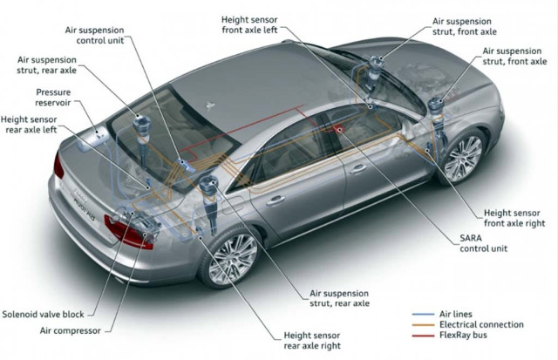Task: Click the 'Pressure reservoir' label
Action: (x=53, y=98)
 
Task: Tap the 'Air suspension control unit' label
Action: (x=95, y=35)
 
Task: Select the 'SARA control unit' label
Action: (x=483, y=243)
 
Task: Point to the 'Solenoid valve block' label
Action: (x=43, y=315)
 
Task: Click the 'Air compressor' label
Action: (x=70, y=331)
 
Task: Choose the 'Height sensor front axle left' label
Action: (x=249, y=25)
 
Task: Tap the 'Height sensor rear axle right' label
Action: (x=312, y=341)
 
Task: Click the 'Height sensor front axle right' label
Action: (x=514, y=218)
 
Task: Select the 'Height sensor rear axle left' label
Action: (x=29, y=125)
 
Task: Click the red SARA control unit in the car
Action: (x=337, y=128)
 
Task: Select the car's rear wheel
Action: (x=232, y=259)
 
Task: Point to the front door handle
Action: (x=358, y=168)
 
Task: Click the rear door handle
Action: (x=276, y=200)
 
